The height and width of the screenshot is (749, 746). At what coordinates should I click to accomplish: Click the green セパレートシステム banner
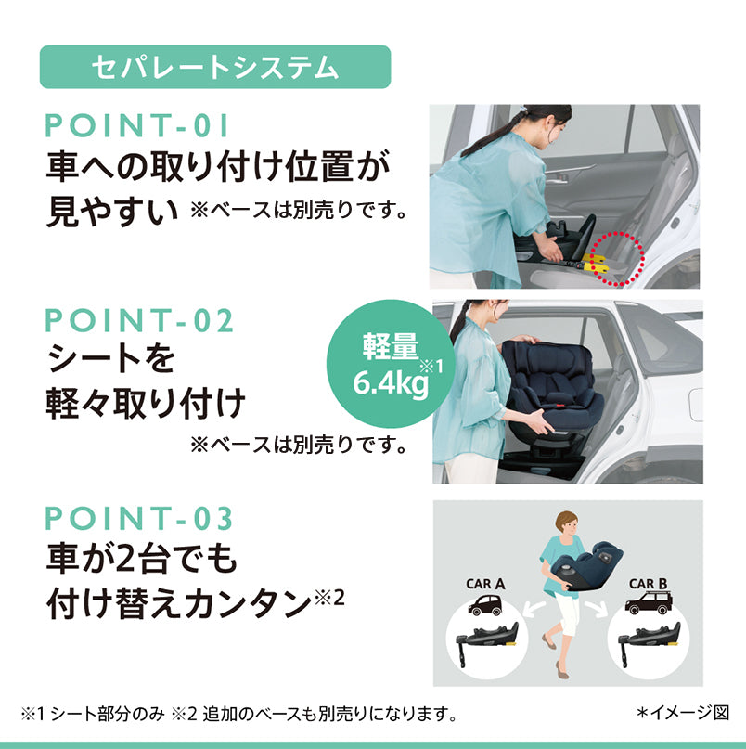tap(215, 67)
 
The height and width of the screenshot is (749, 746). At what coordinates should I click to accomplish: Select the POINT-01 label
tap(136, 125)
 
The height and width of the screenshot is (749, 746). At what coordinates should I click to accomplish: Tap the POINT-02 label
tap(139, 320)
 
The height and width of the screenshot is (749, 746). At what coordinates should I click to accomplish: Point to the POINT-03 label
tap(139, 518)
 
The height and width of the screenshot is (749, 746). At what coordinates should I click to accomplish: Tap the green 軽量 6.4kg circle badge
tap(391, 364)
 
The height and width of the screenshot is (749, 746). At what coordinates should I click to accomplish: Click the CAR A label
tap(485, 584)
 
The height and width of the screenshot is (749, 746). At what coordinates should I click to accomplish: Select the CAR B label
tap(648, 584)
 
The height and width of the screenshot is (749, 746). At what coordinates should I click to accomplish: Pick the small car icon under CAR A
tap(485, 605)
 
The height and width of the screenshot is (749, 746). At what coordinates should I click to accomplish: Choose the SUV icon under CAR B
tap(649, 603)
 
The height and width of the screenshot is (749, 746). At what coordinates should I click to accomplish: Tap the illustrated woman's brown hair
tap(566, 521)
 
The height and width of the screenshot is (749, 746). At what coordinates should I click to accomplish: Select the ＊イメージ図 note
tap(683, 713)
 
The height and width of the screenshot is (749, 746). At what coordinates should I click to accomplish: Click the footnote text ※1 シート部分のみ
tap(93, 714)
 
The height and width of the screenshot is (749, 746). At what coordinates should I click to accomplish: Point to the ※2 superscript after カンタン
tap(329, 598)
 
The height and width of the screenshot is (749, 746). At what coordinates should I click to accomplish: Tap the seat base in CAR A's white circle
tap(487, 639)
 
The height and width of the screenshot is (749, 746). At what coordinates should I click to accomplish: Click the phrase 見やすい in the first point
tap(112, 211)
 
